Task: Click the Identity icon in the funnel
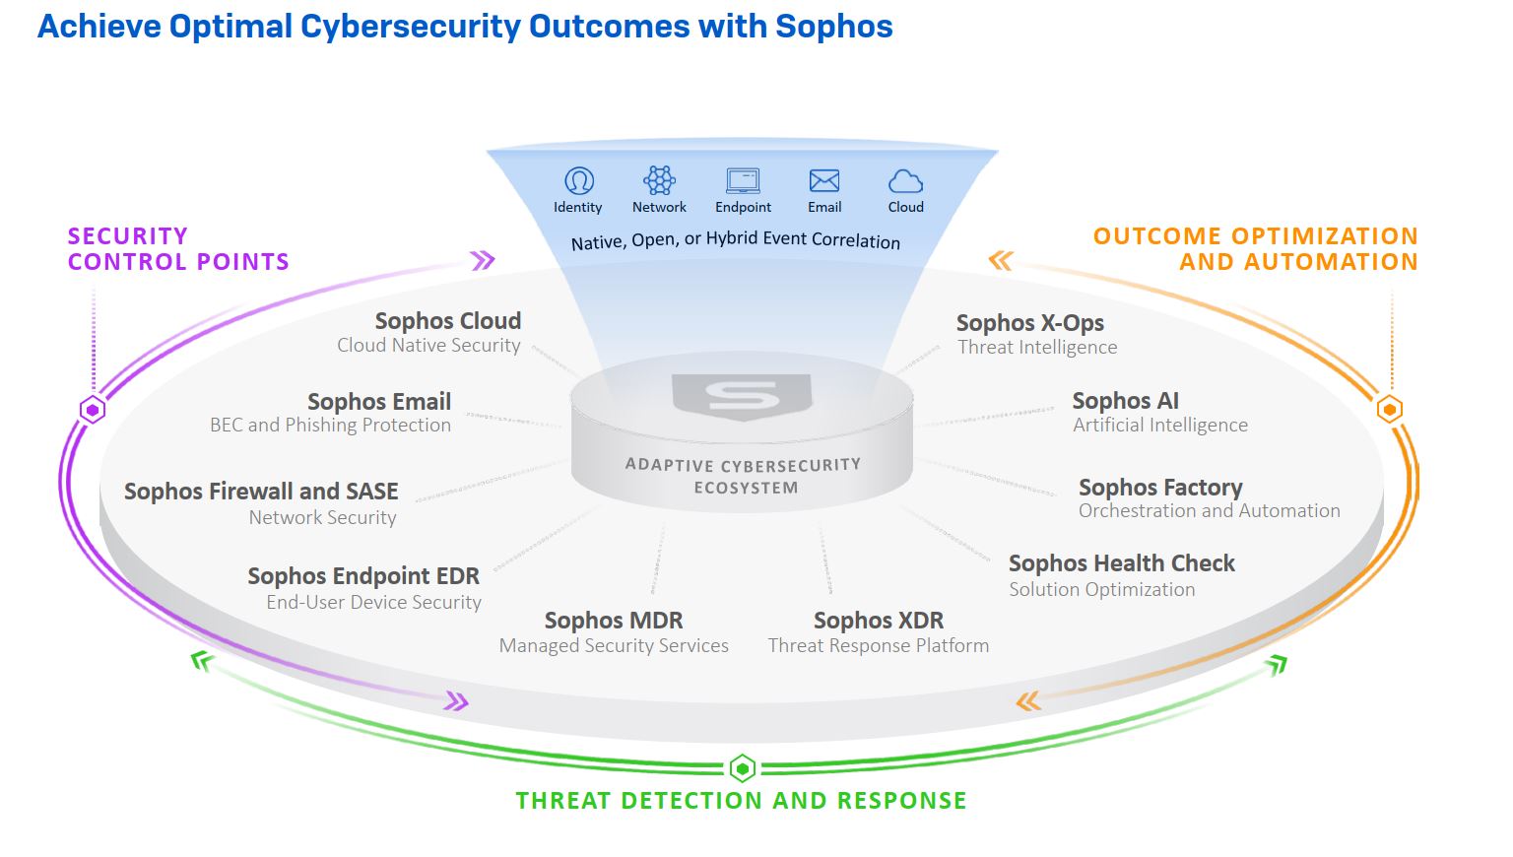point(578,181)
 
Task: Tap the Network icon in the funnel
point(659,180)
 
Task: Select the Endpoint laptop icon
point(743,180)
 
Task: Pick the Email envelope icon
point(824,180)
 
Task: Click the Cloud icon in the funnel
point(905,181)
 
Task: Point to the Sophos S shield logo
point(743,396)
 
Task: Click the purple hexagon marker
point(93,410)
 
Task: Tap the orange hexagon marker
point(1389,409)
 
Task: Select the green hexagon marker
point(742,767)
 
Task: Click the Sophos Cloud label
point(448,321)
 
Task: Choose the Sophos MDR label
point(614,621)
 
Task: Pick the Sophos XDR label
point(879,621)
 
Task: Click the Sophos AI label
point(1125,401)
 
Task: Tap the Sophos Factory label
point(1160,488)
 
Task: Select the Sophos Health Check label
point(1121,563)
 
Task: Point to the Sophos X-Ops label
point(1029,323)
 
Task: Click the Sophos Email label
point(379,402)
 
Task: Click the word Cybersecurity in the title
point(410,27)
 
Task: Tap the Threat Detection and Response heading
point(741,801)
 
